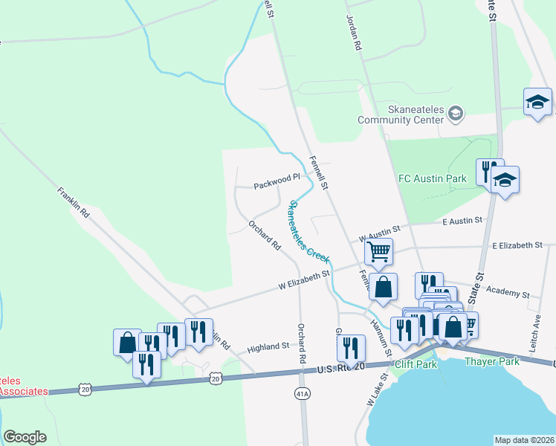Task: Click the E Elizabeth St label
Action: (517, 245)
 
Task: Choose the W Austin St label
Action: (379, 233)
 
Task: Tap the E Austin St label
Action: (462, 221)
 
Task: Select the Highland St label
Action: (268, 346)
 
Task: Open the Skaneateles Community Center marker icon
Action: (456, 113)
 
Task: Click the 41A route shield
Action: (302, 392)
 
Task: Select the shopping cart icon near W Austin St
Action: (379, 253)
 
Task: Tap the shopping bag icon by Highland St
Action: (127, 343)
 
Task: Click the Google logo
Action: (25, 436)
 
